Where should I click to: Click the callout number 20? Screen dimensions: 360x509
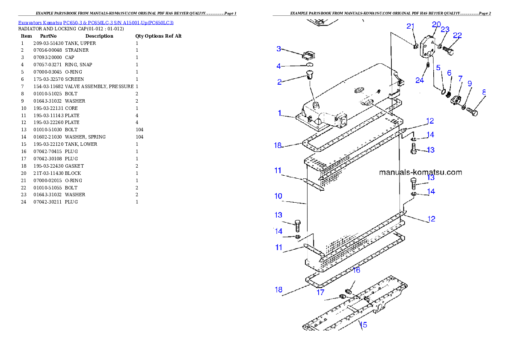(436, 24)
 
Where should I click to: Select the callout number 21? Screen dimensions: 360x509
(411, 27)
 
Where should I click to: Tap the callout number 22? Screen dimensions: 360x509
(457, 35)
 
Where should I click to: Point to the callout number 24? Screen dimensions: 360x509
(420, 80)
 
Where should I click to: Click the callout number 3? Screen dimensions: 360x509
(279, 49)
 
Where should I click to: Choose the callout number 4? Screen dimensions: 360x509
(279, 66)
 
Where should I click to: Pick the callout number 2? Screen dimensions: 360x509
(279, 82)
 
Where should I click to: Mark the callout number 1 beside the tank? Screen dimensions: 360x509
(279, 113)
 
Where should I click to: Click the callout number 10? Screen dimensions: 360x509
(278, 196)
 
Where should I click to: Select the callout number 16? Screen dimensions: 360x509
(356, 270)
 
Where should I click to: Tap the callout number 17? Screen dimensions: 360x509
(320, 293)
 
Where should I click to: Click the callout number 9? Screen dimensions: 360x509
(470, 83)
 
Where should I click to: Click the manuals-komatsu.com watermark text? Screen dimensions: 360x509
(420, 173)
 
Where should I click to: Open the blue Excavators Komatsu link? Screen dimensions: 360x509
(96, 23)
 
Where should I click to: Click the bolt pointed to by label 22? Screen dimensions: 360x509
(448, 51)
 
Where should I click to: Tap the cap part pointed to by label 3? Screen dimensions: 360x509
(308, 55)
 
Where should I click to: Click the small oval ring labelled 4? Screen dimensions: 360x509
(310, 65)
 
